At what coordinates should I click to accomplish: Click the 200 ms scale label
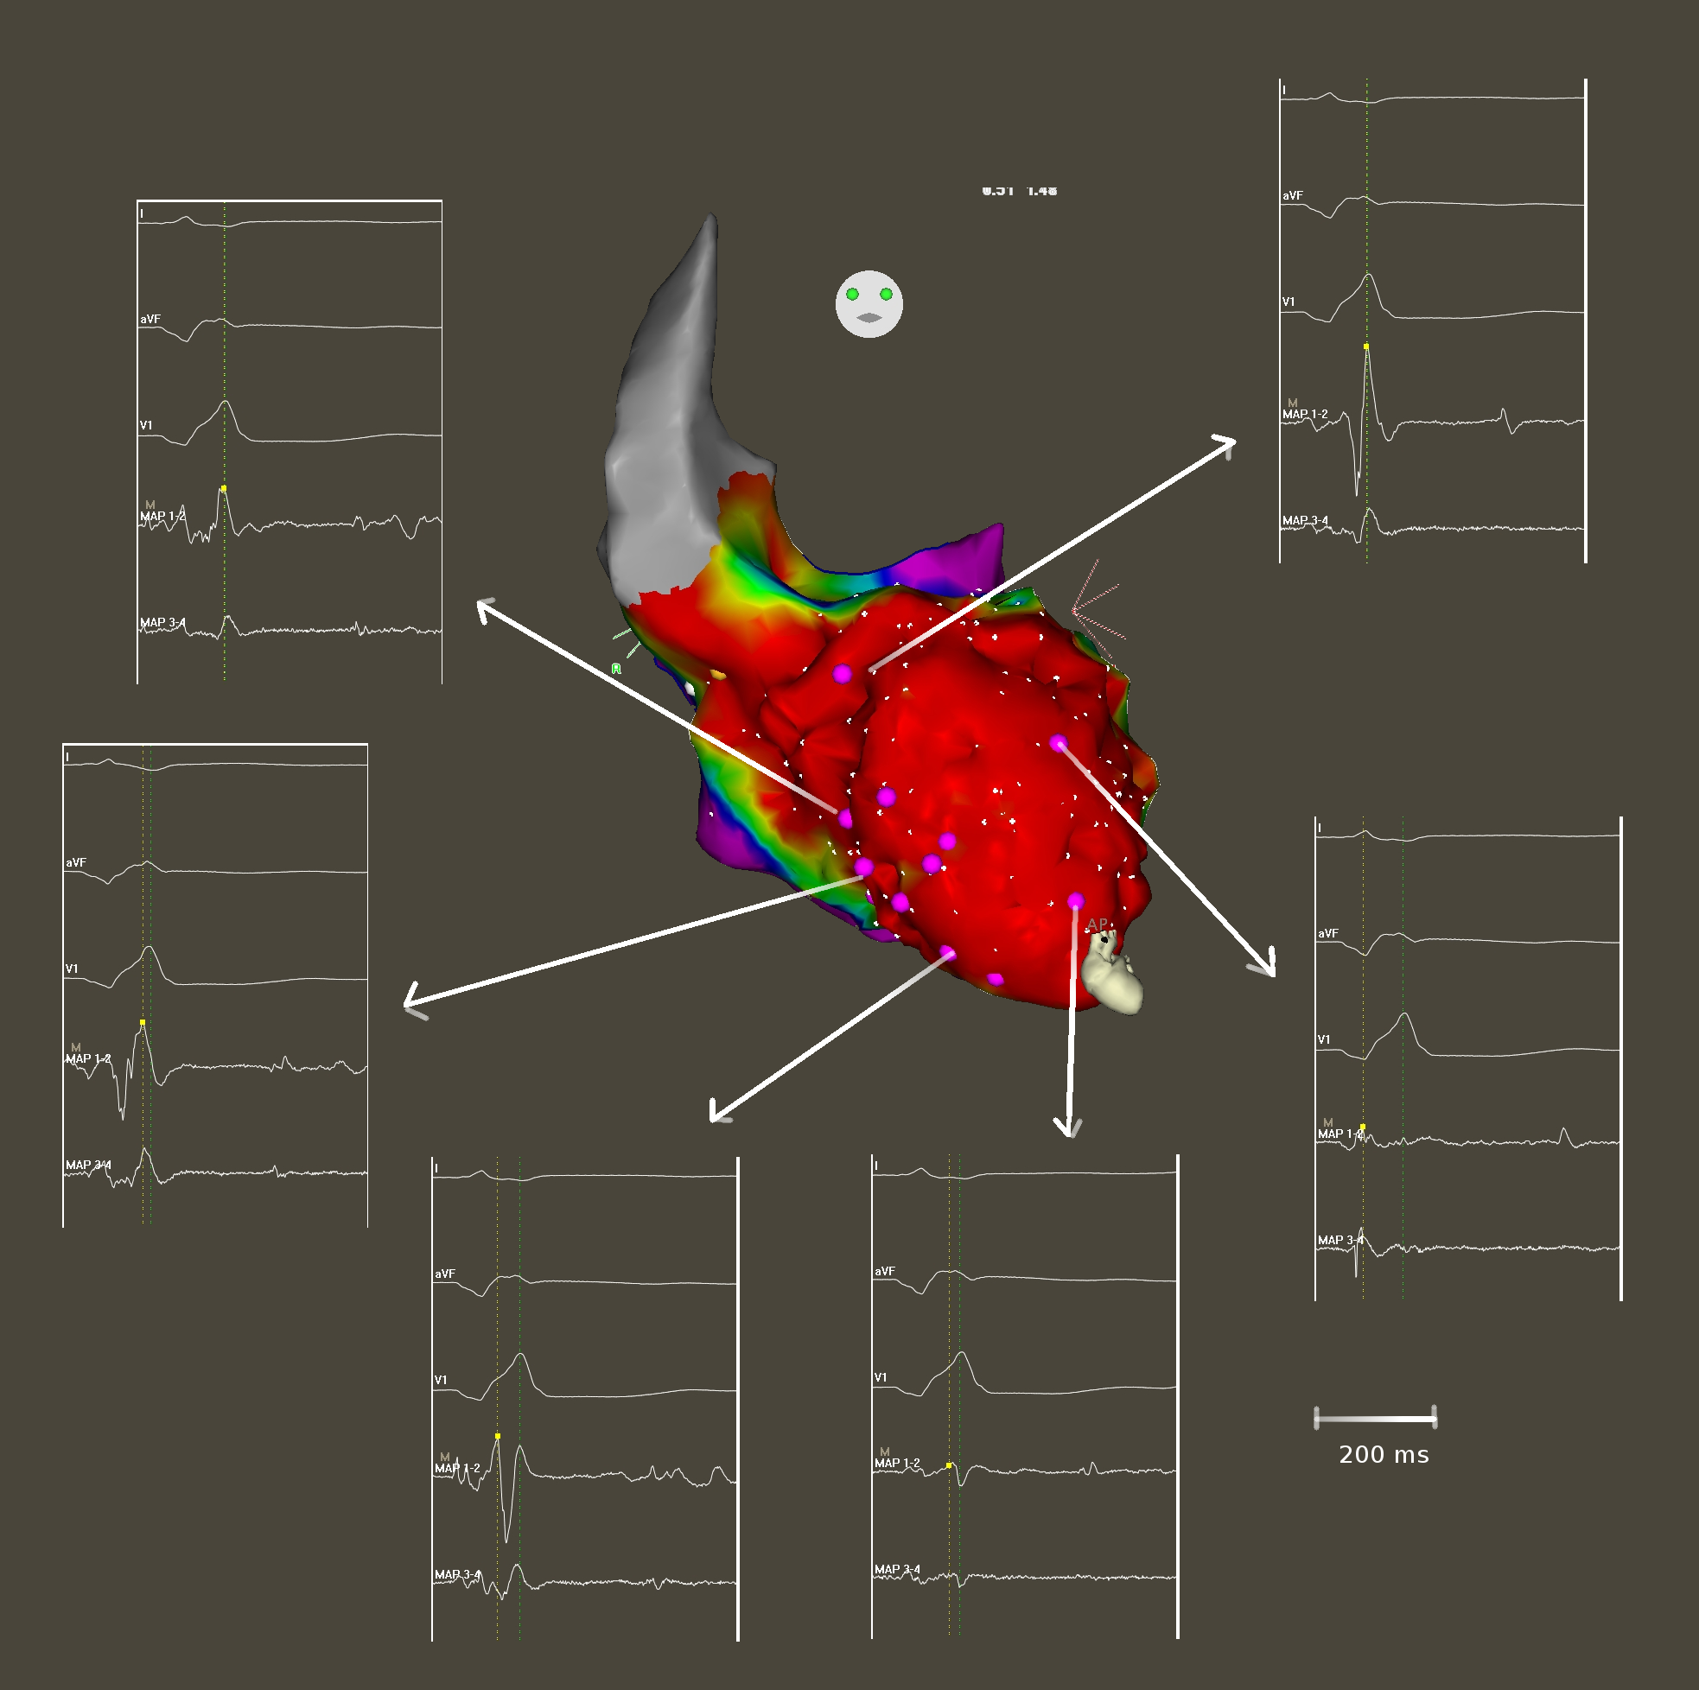click(x=1384, y=1455)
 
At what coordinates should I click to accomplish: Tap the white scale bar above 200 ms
click(x=1375, y=1419)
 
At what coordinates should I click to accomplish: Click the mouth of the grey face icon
click(x=869, y=318)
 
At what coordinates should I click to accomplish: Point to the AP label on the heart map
click(x=1097, y=924)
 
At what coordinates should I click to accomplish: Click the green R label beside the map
click(x=615, y=669)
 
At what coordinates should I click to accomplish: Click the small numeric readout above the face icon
click(x=1019, y=191)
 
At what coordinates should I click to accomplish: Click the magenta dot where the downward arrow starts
click(x=1076, y=901)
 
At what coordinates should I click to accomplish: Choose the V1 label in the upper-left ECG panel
click(x=146, y=426)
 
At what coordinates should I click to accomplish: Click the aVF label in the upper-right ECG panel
click(x=1292, y=196)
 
